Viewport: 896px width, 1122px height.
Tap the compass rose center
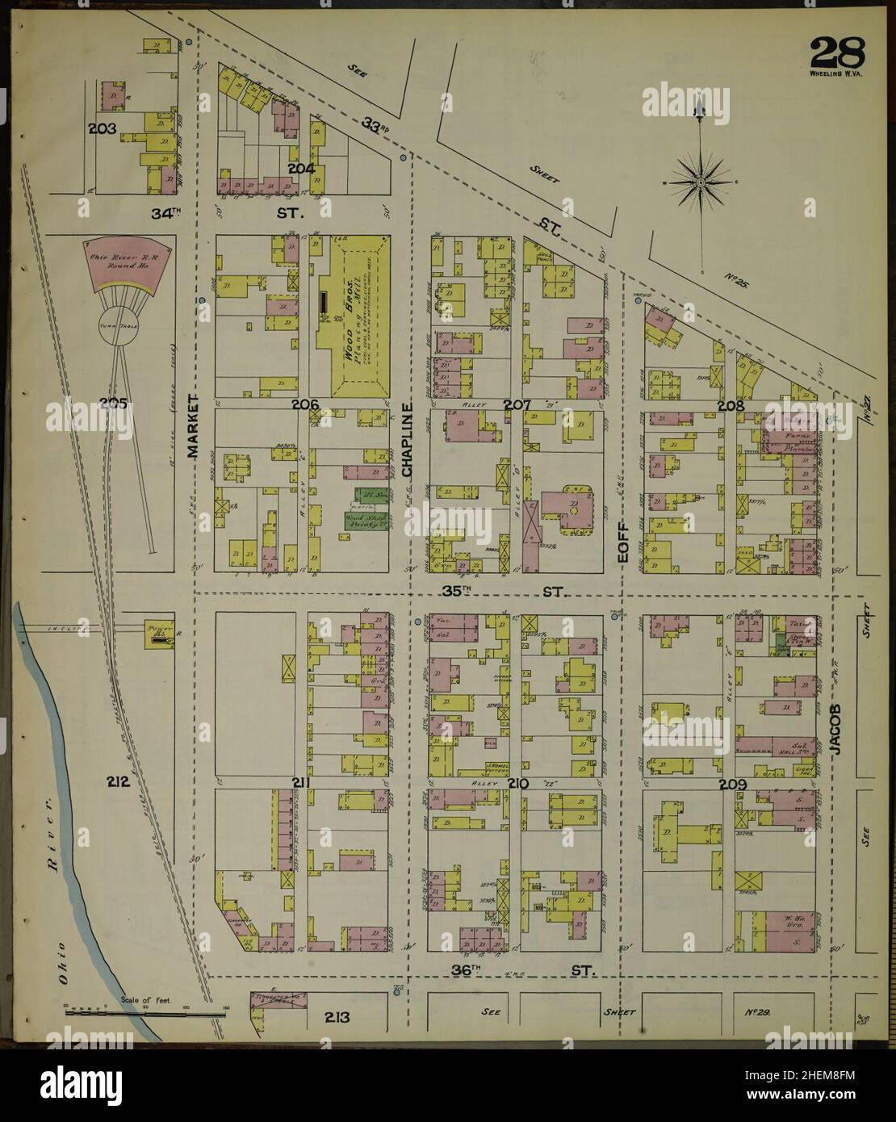[x=701, y=182]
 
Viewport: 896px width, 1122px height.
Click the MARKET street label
[x=192, y=426]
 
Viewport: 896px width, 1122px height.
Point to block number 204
[x=300, y=169]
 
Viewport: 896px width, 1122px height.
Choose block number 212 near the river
[x=118, y=781]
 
